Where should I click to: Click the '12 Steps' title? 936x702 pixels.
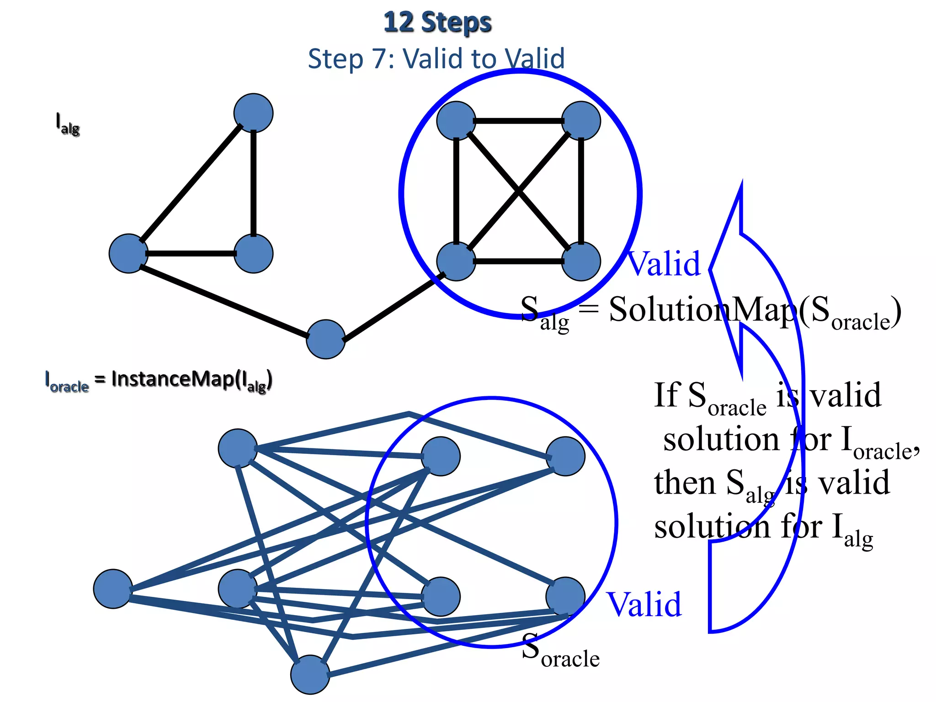[x=437, y=23]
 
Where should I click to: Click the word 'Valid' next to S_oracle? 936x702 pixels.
[x=643, y=604]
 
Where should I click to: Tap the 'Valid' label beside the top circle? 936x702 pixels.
[x=664, y=264]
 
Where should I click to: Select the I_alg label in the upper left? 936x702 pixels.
[x=67, y=124]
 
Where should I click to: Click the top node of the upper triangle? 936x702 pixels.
[x=253, y=113]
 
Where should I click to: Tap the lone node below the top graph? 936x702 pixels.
[x=325, y=339]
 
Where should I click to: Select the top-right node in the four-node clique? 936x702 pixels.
[x=580, y=121]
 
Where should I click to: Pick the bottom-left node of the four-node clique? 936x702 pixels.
[x=456, y=261]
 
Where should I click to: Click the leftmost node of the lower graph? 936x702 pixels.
[x=113, y=589]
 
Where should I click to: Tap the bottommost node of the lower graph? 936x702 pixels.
[x=310, y=675]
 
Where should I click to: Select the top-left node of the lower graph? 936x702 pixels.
[x=238, y=448]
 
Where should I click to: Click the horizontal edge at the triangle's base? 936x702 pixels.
[x=191, y=253]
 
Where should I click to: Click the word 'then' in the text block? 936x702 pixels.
[x=684, y=483]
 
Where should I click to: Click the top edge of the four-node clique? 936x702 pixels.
[x=518, y=121]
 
